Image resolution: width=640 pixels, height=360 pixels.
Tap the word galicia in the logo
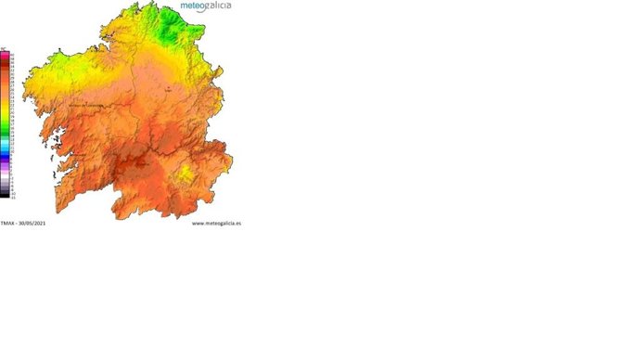[x=214, y=6]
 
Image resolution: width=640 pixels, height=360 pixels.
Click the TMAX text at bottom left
[x=7, y=223]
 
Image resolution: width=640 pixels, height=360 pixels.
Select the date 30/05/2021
[x=32, y=223]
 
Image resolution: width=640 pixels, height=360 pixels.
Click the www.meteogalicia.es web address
[x=216, y=223]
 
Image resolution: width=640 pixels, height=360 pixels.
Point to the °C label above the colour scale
[x=5, y=48]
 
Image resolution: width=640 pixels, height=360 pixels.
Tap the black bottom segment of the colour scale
[x=5, y=195]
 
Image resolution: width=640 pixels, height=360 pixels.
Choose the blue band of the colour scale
[x=5, y=145]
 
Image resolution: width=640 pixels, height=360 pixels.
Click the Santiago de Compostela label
[x=85, y=105]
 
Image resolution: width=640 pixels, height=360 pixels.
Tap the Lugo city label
[x=168, y=89]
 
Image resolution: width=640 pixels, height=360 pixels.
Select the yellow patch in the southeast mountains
[x=186, y=173]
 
